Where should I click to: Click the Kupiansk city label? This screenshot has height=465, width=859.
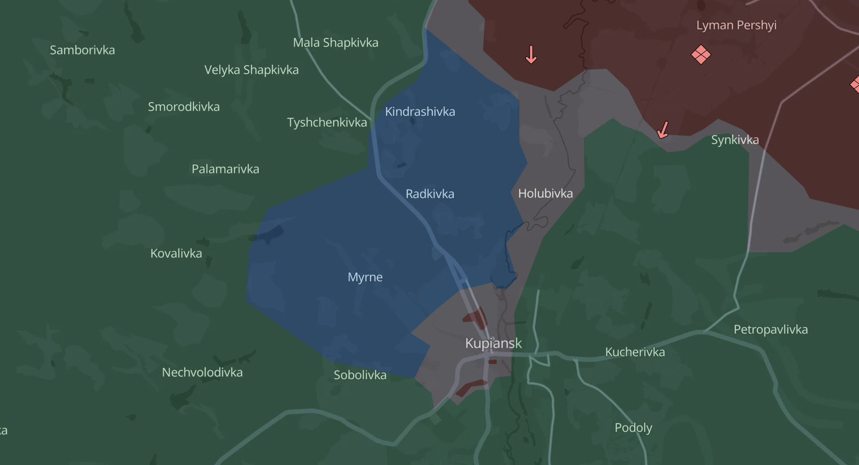(493, 343)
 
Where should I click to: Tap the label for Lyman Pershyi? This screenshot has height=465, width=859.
(736, 25)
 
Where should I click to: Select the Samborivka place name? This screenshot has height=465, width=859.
(82, 50)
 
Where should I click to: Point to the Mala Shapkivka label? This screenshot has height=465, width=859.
(336, 43)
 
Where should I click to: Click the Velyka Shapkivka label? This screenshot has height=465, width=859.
(251, 70)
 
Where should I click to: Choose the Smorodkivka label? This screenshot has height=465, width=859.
(183, 107)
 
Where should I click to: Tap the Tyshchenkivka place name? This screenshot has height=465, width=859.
(327, 123)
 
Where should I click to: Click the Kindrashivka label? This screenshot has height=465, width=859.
(420, 112)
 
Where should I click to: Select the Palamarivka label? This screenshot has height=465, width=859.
(225, 169)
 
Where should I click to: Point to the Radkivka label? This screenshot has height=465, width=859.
(429, 194)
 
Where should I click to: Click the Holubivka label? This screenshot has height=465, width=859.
(545, 193)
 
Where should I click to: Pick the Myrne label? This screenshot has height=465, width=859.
(365, 277)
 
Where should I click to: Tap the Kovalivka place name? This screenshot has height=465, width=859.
(176, 253)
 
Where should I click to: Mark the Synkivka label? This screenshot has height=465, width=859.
(735, 140)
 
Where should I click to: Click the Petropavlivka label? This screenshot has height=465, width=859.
(770, 330)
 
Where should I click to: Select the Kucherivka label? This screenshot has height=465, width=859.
(635, 352)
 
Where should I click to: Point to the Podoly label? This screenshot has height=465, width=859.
(633, 428)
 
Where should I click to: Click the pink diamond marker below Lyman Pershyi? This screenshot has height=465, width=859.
(701, 55)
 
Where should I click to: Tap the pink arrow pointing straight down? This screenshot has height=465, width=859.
(531, 54)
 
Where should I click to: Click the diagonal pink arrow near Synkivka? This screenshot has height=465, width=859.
(663, 130)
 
